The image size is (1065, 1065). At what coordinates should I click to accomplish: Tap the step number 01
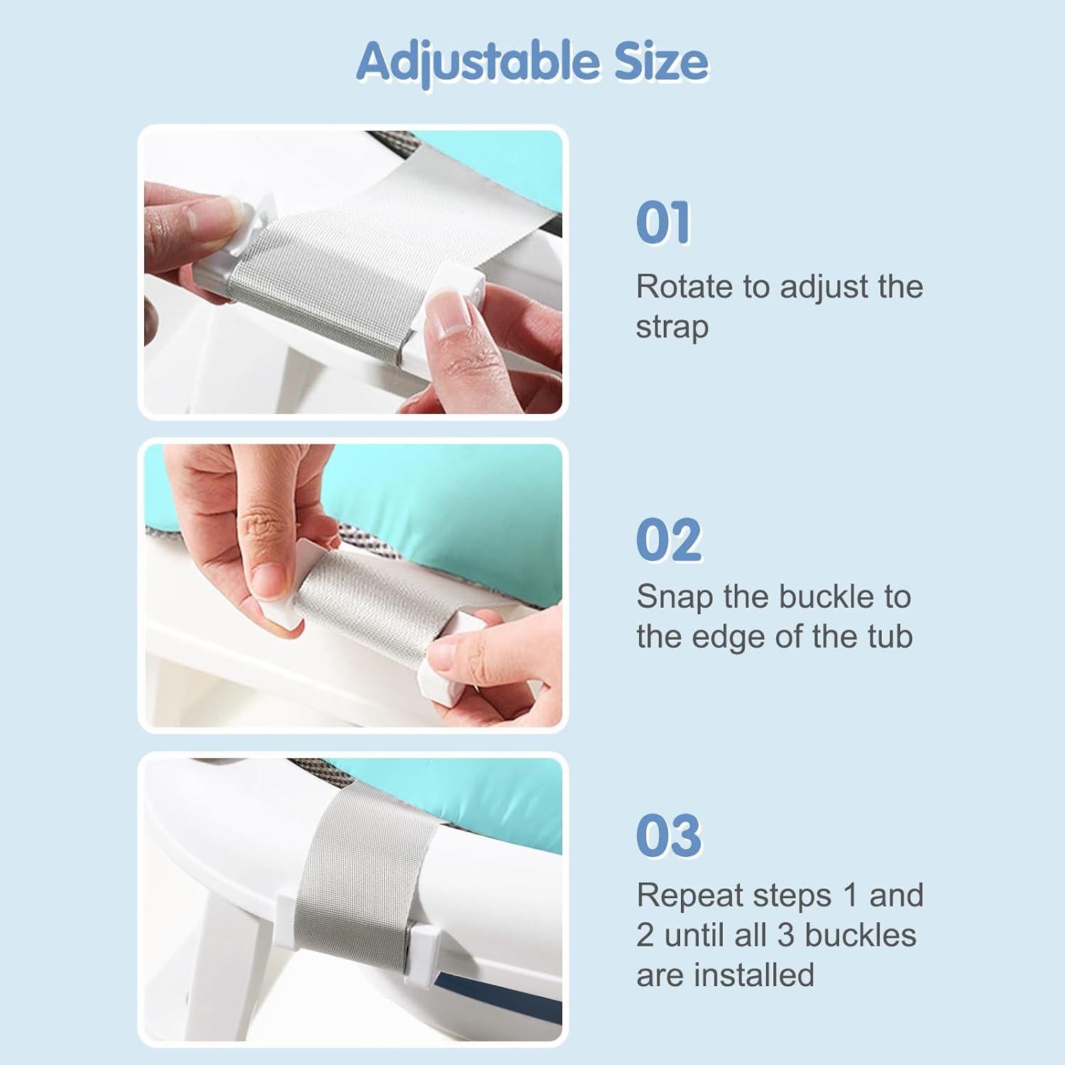pos(663,223)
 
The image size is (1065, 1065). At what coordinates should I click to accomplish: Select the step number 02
pos(669,540)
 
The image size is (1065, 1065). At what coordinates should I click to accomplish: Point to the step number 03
pos(669,836)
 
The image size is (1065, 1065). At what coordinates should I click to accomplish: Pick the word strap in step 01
pos(672,327)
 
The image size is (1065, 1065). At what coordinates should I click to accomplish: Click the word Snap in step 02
pos(674,597)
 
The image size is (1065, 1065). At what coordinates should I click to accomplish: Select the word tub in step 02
pos(890,637)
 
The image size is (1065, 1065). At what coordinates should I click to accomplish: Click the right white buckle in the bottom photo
pos(427,944)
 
